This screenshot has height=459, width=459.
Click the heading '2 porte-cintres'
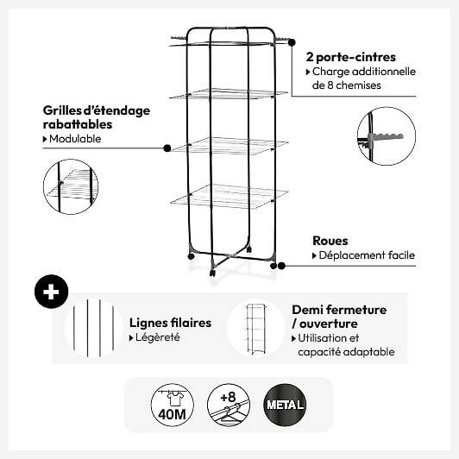point(350,57)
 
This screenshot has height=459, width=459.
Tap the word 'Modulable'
point(75,139)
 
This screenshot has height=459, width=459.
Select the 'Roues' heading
point(330,241)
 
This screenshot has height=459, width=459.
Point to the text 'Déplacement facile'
point(367,255)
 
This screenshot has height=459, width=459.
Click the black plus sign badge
point(51,292)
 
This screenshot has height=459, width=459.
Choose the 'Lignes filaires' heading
point(170,323)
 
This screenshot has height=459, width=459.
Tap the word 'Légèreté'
point(158,337)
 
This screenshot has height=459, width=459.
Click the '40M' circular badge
point(173,405)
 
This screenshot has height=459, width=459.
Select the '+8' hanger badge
point(229,405)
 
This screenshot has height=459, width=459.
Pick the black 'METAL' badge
point(285,405)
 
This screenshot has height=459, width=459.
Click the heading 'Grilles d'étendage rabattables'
point(97,117)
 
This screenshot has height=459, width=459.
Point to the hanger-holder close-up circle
point(387,136)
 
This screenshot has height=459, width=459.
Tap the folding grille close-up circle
point(71,186)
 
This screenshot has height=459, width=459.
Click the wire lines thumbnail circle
point(94,328)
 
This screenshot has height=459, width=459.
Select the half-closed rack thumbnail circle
point(255,328)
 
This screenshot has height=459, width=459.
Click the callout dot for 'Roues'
point(281,266)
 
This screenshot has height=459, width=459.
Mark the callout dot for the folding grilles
point(167,148)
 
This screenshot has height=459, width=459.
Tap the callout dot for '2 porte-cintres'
point(292,42)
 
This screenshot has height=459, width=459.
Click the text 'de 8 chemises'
point(347,85)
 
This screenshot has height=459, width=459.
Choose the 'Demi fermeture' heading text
point(339,310)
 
